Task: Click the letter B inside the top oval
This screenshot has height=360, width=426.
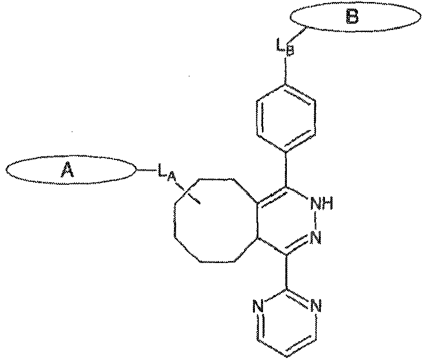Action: point(351,18)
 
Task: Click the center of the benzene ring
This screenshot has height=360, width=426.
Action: point(286,118)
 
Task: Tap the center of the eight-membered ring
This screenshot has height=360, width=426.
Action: point(216,219)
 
